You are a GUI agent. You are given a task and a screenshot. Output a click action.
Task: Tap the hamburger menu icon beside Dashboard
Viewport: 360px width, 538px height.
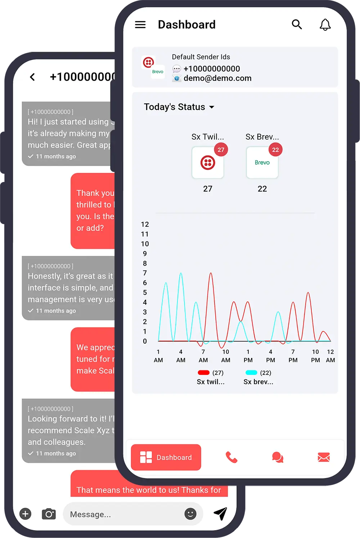[140, 24]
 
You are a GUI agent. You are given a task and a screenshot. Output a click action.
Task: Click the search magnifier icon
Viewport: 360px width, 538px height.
[297, 24]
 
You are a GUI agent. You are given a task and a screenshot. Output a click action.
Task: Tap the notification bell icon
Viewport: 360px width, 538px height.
[325, 24]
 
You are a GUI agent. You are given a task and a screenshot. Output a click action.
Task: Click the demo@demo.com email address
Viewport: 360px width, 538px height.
[217, 78]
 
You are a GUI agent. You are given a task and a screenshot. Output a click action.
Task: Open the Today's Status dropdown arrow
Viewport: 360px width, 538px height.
[212, 107]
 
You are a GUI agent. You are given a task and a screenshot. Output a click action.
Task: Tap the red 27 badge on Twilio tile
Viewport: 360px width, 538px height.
[221, 150]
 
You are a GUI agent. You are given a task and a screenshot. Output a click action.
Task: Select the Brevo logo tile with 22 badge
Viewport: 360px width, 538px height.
[262, 163]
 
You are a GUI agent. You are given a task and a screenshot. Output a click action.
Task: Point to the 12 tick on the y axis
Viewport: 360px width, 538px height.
[145, 225]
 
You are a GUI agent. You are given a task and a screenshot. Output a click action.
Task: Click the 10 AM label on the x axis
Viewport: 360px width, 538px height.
[226, 356]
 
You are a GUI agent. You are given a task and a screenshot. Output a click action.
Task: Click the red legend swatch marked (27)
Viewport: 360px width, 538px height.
[203, 372]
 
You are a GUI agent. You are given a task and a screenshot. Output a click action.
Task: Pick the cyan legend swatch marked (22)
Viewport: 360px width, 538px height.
[251, 372]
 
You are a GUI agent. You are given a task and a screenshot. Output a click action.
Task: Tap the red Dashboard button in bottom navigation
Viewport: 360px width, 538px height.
[166, 457]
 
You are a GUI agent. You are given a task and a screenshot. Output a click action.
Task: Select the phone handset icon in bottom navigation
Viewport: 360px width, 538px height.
[231, 457]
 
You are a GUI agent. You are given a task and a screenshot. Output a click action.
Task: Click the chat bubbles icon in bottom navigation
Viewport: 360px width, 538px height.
[278, 457]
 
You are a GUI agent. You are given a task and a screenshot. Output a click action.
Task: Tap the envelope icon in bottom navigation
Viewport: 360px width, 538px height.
[324, 457]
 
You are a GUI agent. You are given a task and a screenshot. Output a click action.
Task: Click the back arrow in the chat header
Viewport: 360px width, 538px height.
[32, 77]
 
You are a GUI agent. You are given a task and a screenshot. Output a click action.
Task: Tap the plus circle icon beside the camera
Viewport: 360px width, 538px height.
[25, 514]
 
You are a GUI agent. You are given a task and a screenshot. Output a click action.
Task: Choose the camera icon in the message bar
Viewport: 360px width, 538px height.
[49, 514]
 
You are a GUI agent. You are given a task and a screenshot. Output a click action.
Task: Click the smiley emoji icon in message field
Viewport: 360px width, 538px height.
[190, 514]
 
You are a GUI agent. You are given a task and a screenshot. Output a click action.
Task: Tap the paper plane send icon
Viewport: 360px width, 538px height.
[220, 514]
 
